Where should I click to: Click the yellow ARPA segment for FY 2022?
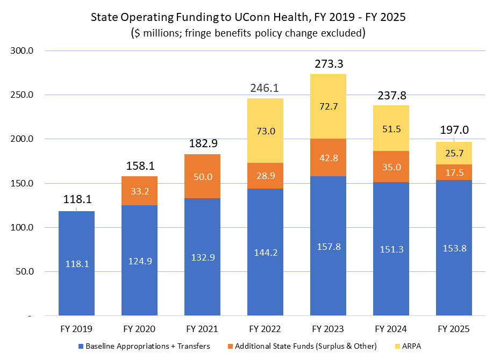tap(265, 131)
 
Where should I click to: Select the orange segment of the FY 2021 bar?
tap(202, 176)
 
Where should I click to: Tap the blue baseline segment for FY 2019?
tap(76, 263)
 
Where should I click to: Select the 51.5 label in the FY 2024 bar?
tap(391, 128)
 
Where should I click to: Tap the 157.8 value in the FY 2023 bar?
tap(328, 247)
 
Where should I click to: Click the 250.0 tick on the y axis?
tap(23, 95)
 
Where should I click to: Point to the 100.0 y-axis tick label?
tap(23, 227)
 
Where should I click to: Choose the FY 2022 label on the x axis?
tap(265, 328)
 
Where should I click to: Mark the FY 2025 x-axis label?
tap(454, 328)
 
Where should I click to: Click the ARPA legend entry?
tap(411, 346)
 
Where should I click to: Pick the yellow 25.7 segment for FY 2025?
tap(454, 153)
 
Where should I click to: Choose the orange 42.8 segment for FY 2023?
tap(328, 157)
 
